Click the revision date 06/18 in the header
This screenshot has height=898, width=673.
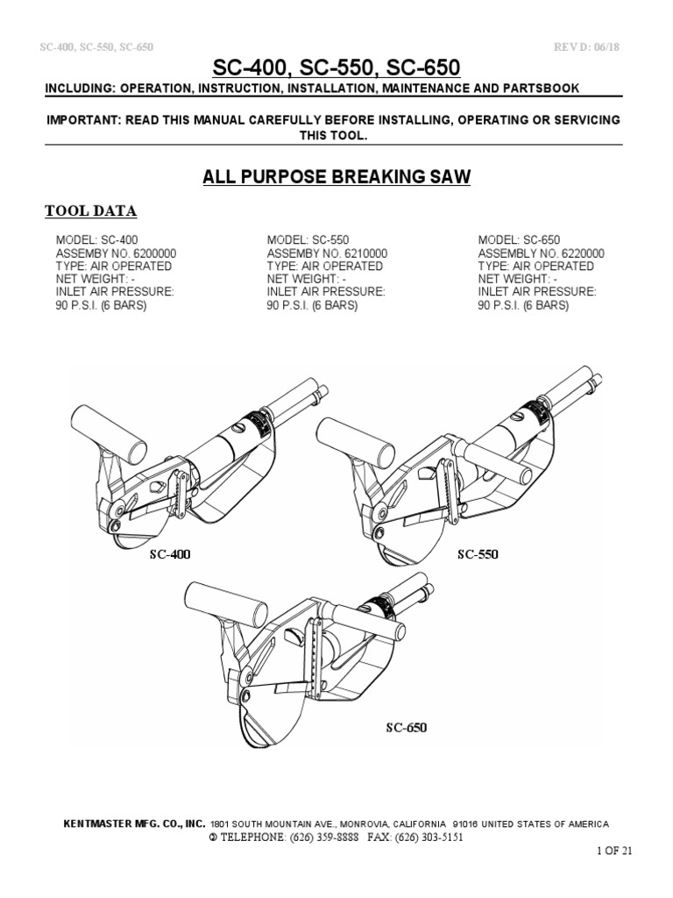[x=612, y=46]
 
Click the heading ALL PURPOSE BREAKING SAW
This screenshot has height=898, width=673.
[x=336, y=178]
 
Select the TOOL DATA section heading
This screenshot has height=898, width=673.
[x=90, y=211]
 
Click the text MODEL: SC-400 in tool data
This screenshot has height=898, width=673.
[x=97, y=240]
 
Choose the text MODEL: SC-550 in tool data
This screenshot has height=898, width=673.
[x=308, y=240]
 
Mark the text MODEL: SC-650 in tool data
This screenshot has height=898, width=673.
[x=519, y=240]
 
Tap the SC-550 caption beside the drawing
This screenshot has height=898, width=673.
[x=477, y=555]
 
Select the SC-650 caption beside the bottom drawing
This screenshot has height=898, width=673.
[x=407, y=727]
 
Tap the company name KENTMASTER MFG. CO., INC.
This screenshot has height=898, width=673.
[x=135, y=824]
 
